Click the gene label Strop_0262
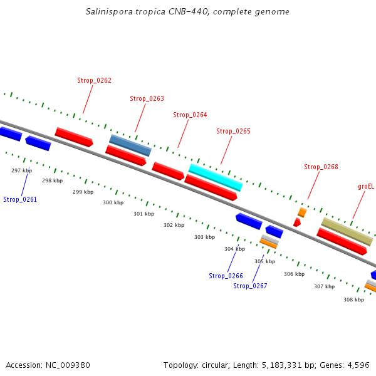[94, 80]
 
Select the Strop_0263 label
[147, 98]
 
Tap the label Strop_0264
[190, 115]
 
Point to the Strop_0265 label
[233, 131]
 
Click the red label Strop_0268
[321, 167]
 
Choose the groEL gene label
[366, 186]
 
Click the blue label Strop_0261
[20, 199]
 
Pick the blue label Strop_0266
[226, 276]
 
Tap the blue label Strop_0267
[250, 286]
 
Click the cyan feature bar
[216, 177]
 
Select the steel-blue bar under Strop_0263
[130, 145]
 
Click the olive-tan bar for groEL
[347, 232]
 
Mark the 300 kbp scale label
[113, 202]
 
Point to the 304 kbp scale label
[234, 249]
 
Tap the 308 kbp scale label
[353, 300]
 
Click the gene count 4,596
[358, 365]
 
